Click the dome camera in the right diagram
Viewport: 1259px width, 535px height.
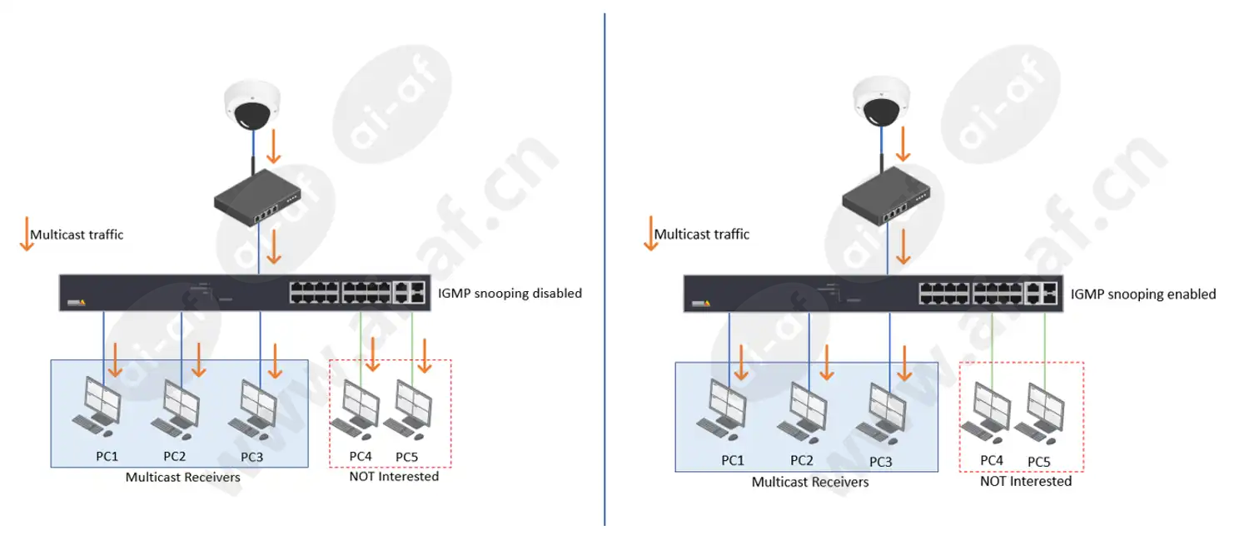click(x=881, y=102)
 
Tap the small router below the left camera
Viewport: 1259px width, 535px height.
click(x=256, y=200)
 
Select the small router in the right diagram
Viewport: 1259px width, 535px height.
click(x=885, y=196)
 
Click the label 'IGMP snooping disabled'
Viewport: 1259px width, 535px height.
click(x=510, y=294)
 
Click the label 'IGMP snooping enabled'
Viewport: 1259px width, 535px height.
click(x=1142, y=295)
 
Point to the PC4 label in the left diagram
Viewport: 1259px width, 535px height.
click(x=361, y=457)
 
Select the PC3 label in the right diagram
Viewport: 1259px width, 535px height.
click(x=880, y=462)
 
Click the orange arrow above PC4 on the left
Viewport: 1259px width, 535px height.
click(x=373, y=354)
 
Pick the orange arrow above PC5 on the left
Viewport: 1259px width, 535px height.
click(x=425, y=355)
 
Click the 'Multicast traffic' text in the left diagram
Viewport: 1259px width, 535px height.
click(x=77, y=235)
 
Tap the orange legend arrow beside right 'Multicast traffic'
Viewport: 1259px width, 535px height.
click(x=651, y=233)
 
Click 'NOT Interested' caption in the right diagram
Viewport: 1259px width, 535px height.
click(x=1026, y=481)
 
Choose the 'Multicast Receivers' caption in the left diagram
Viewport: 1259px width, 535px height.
click(x=182, y=478)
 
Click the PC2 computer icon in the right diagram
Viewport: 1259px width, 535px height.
click(x=802, y=414)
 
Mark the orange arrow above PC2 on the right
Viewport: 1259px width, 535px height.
click(x=826, y=363)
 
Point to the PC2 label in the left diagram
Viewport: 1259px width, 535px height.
click(x=174, y=457)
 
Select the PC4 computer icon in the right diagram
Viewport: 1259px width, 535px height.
click(x=985, y=414)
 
